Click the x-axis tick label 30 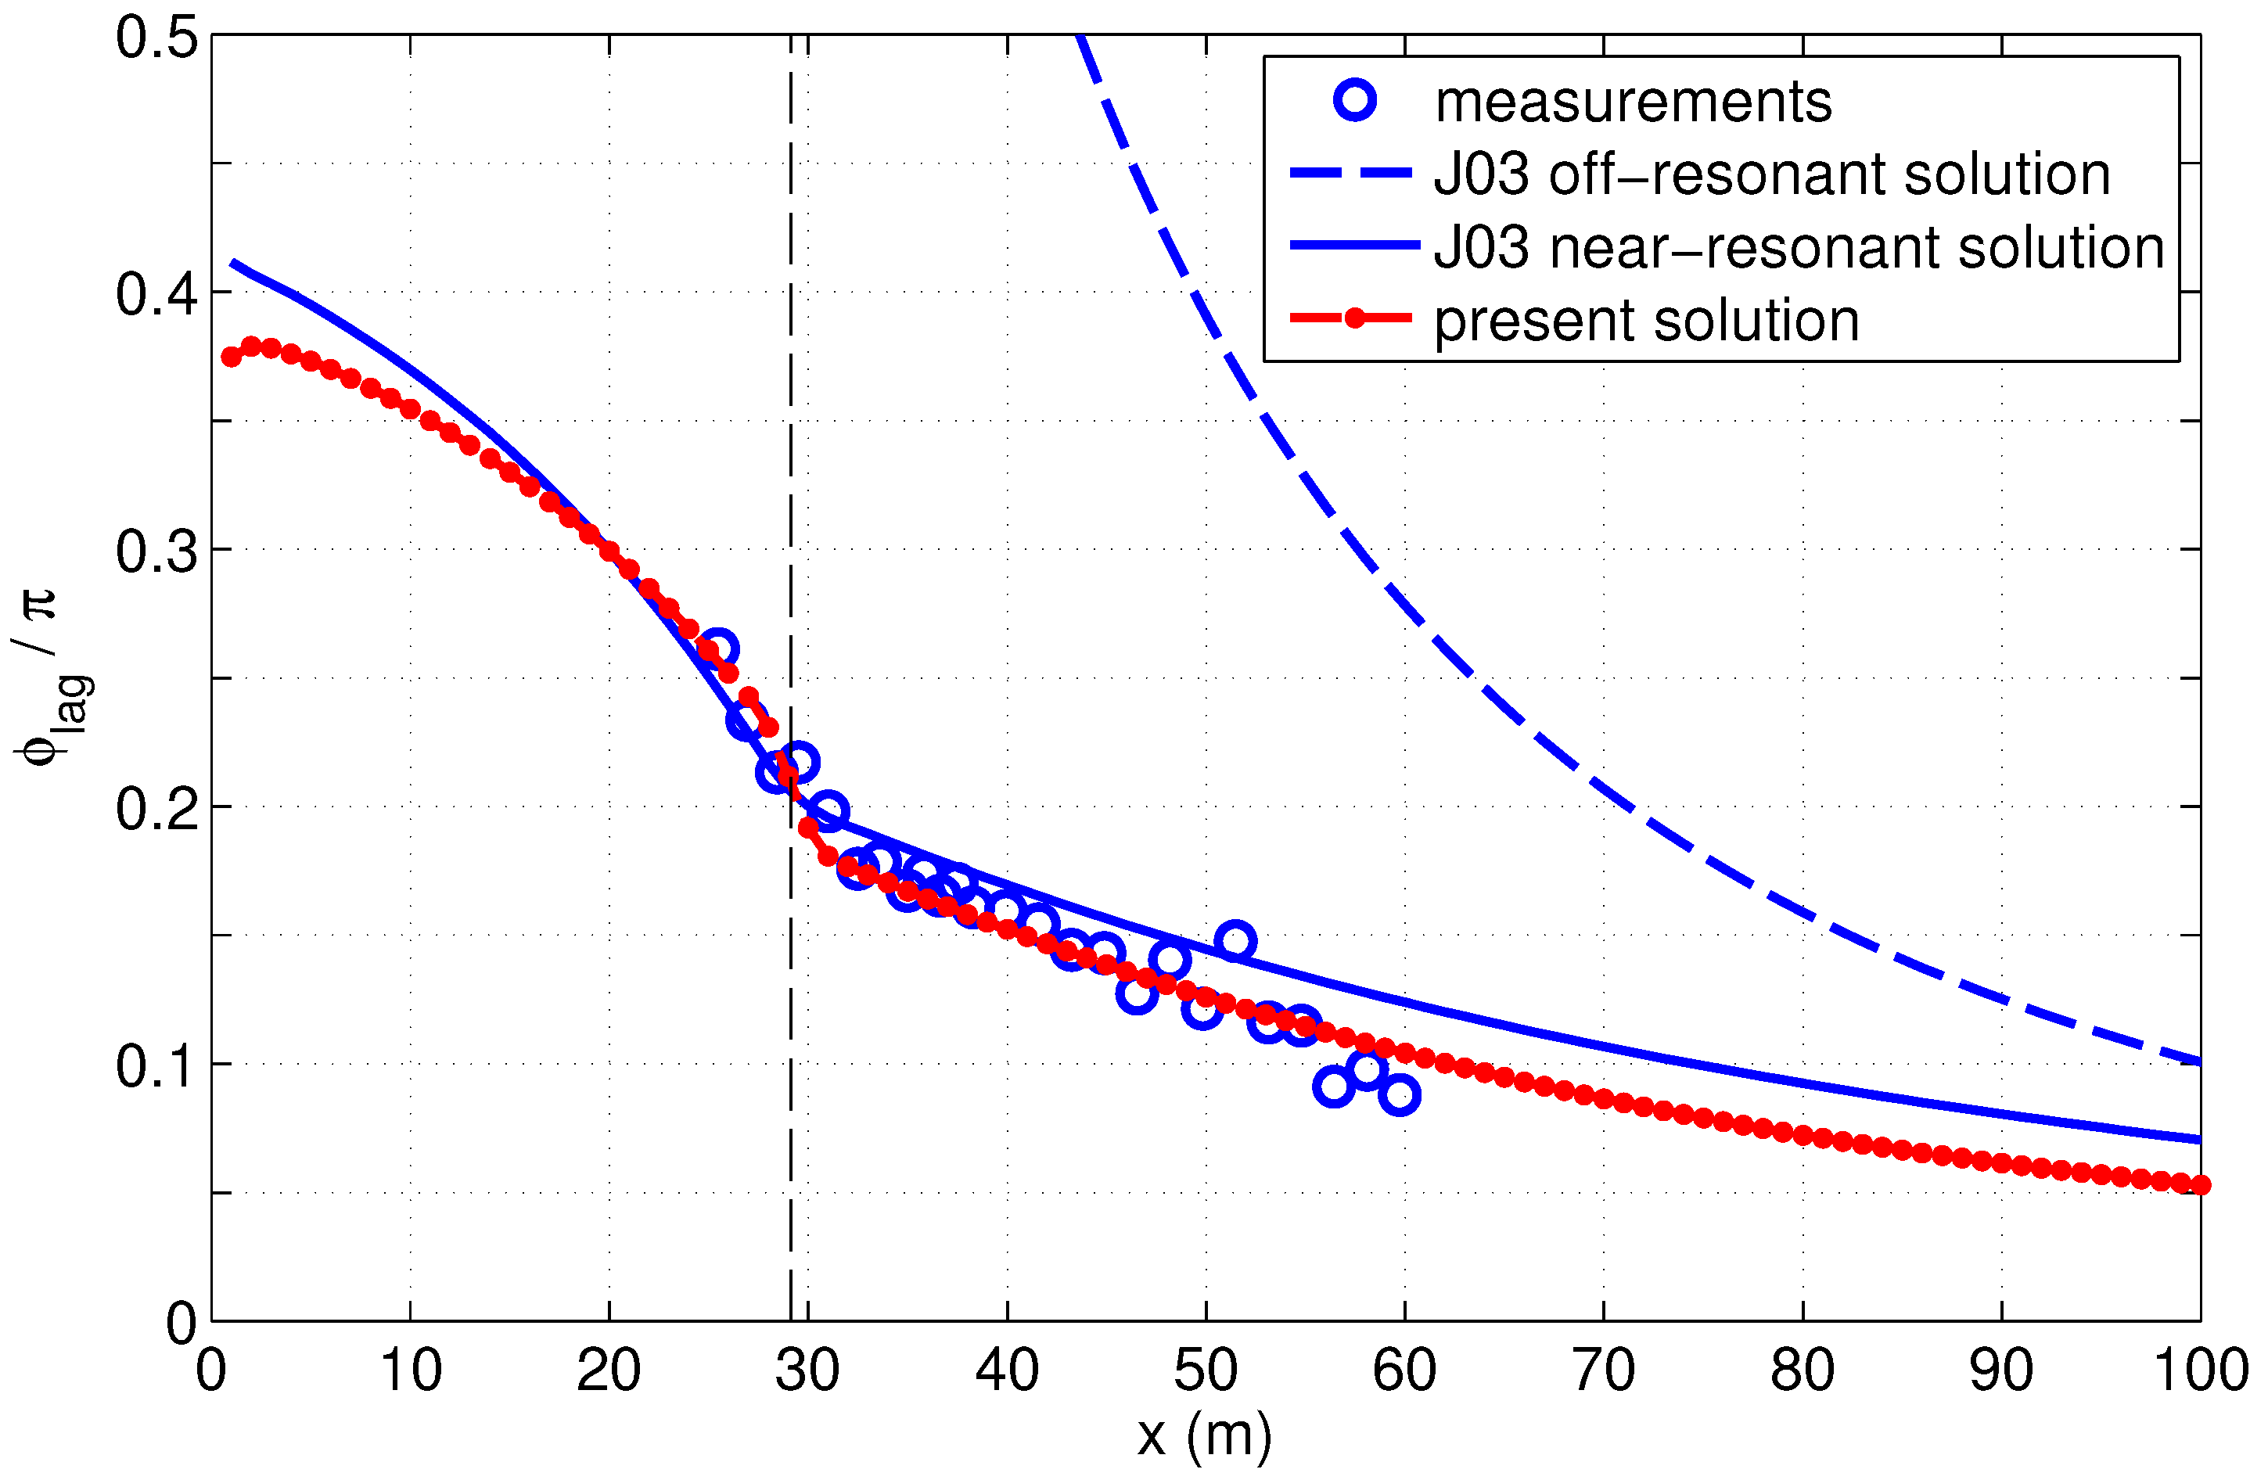tap(807, 1372)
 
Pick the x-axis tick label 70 tap(1603, 1372)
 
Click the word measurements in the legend tap(1634, 102)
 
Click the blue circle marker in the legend tap(1355, 100)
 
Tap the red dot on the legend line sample tap(1354, 318)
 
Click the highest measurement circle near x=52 tap(1235, 942)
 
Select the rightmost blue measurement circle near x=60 tap(1399, 1095)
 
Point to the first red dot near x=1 tap(231, 357)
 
